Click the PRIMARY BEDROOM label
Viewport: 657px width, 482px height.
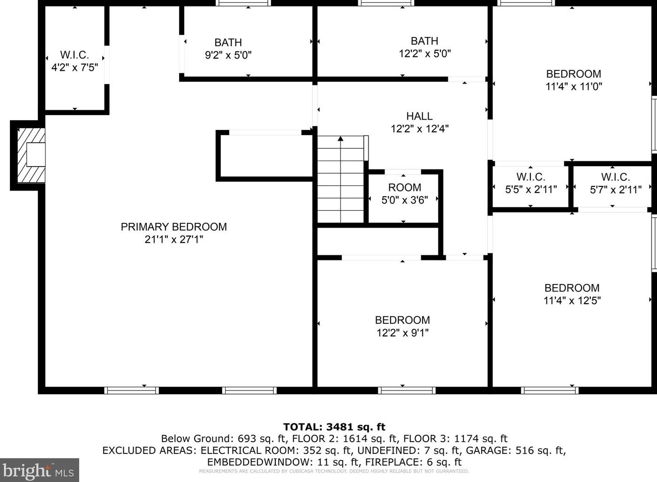pyautogui.click(x=174, y=227)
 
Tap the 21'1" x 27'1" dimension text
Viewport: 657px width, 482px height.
pyautogui.click(x=174, y=239)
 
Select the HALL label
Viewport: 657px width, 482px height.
pyautogui.click(x=419, y=116)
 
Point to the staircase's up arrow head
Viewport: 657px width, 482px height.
pyautogui.click(x=340, y=139)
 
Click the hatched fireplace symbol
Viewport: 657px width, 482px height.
pyautogui.click(x=31, y=155)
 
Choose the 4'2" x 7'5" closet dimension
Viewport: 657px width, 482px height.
pyautogui.click(x=75, y=68)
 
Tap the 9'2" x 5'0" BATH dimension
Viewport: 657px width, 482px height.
pyautogui.click(x=228, y=55)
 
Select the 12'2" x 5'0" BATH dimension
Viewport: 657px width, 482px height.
pyautogui.click(x=425, y=54)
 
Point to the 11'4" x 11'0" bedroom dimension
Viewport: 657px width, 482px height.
pyautogui.click(x=574, y=86)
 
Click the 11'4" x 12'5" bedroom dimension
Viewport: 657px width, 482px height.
pyautogui.click(x=572, y=300)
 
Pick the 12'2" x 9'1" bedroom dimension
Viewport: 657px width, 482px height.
pyautogui.click(x=402, y=333)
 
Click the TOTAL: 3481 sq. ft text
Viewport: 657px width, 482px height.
pyautogui.click(x=334, y=427)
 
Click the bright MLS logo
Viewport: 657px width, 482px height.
pyautogui.click(x=39, y=470)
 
